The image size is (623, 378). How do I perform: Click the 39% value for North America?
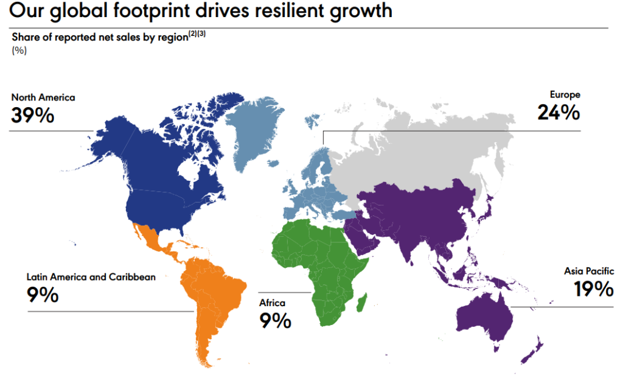(32, 115)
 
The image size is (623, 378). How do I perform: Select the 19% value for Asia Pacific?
(593, 289)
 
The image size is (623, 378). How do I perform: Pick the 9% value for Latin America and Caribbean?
(42, 295)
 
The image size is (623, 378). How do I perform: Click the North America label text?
(43, 97)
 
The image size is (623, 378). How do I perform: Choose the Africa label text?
(272, 303)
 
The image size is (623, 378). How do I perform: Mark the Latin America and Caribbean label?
(91, 277)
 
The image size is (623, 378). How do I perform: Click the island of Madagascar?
(361, 301)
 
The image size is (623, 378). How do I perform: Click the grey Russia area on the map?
(426, 146)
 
